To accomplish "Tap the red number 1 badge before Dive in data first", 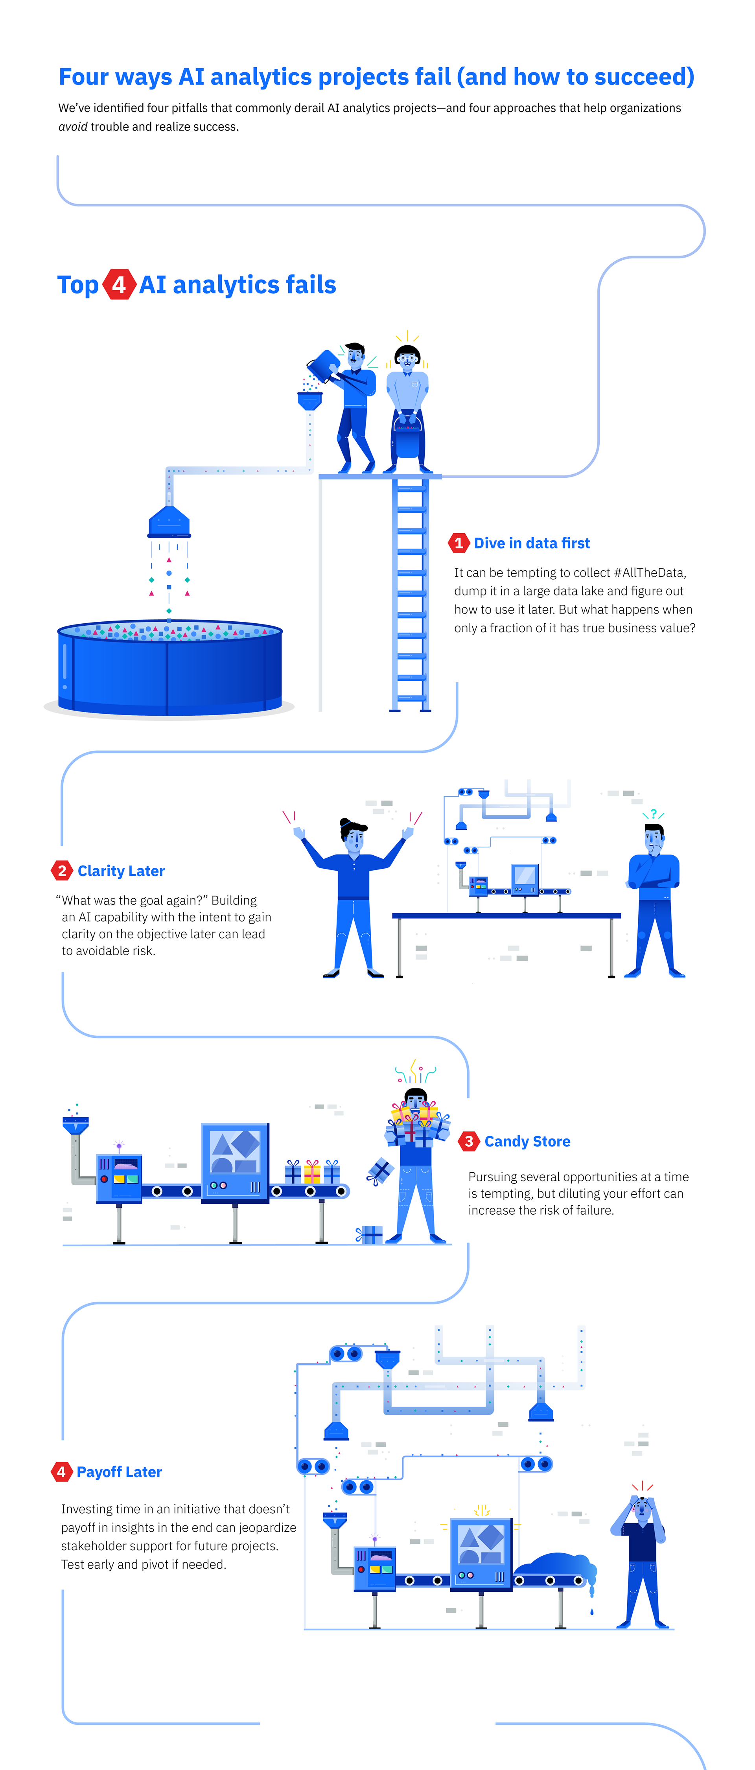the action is click(458, 543).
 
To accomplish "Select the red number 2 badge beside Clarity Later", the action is click(62, 871).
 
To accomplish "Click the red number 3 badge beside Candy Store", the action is click(468, 1141).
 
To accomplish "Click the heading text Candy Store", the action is click(527, 1141).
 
